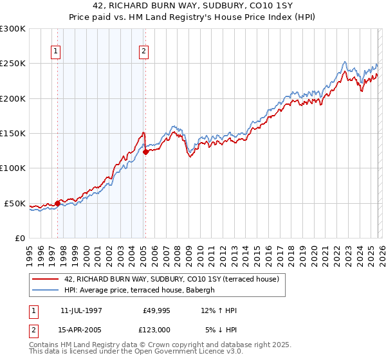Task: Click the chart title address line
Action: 192,7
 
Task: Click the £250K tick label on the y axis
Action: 13,64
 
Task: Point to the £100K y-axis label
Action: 13,168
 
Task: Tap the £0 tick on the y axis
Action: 20,238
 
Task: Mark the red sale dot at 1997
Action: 58,203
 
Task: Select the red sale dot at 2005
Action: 145,152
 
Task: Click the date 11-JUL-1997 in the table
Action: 81,310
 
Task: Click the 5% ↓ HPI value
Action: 221,330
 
